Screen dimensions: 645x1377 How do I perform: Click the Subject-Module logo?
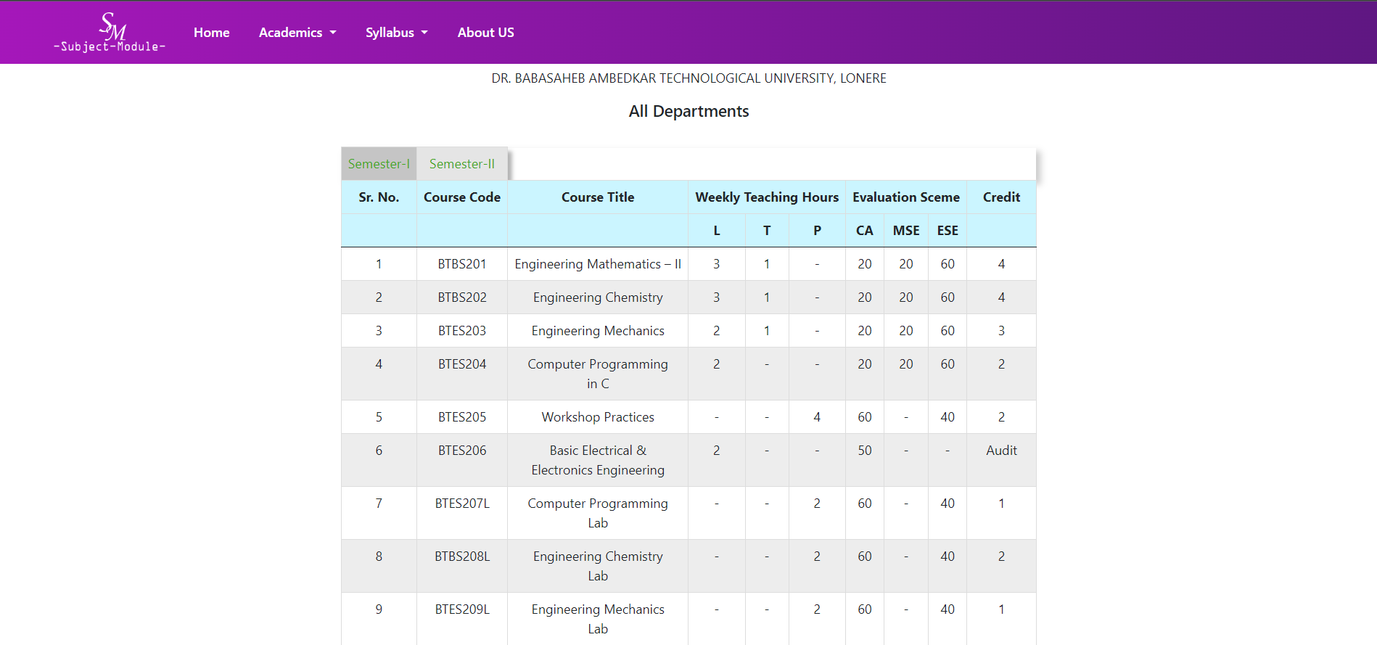click(110, 33)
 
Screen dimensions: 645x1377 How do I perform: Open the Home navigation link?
click(211, 33)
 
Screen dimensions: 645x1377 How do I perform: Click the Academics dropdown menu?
click(297, 33)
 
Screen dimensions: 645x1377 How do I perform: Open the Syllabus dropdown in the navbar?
click(396, 33)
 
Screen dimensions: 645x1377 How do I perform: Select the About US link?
click(485, 33)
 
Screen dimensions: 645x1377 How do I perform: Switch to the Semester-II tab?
click(462, 164)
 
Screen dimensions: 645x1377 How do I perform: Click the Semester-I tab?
click(379, 164)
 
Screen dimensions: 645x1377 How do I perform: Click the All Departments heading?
click(688, 111)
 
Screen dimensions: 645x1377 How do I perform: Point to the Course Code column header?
click(462, 197)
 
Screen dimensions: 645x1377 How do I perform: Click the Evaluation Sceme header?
click(905, 197)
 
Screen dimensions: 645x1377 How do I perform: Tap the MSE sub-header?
click(905, 231)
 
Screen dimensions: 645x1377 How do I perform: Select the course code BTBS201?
click(462, 264)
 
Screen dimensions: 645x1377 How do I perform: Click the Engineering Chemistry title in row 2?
click(598, 297)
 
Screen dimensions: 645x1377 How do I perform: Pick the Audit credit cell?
click(1001, 451)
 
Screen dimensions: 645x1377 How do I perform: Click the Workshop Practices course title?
click(598, 417)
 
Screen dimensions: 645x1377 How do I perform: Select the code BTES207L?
click(462, 504)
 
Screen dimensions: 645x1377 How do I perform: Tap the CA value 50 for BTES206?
click(865, 451)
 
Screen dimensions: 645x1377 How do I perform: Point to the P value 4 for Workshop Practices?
click(817, 417)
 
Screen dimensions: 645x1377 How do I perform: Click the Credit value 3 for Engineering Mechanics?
click(1001, 331)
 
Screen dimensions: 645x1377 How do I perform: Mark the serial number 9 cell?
click(379, 609)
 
